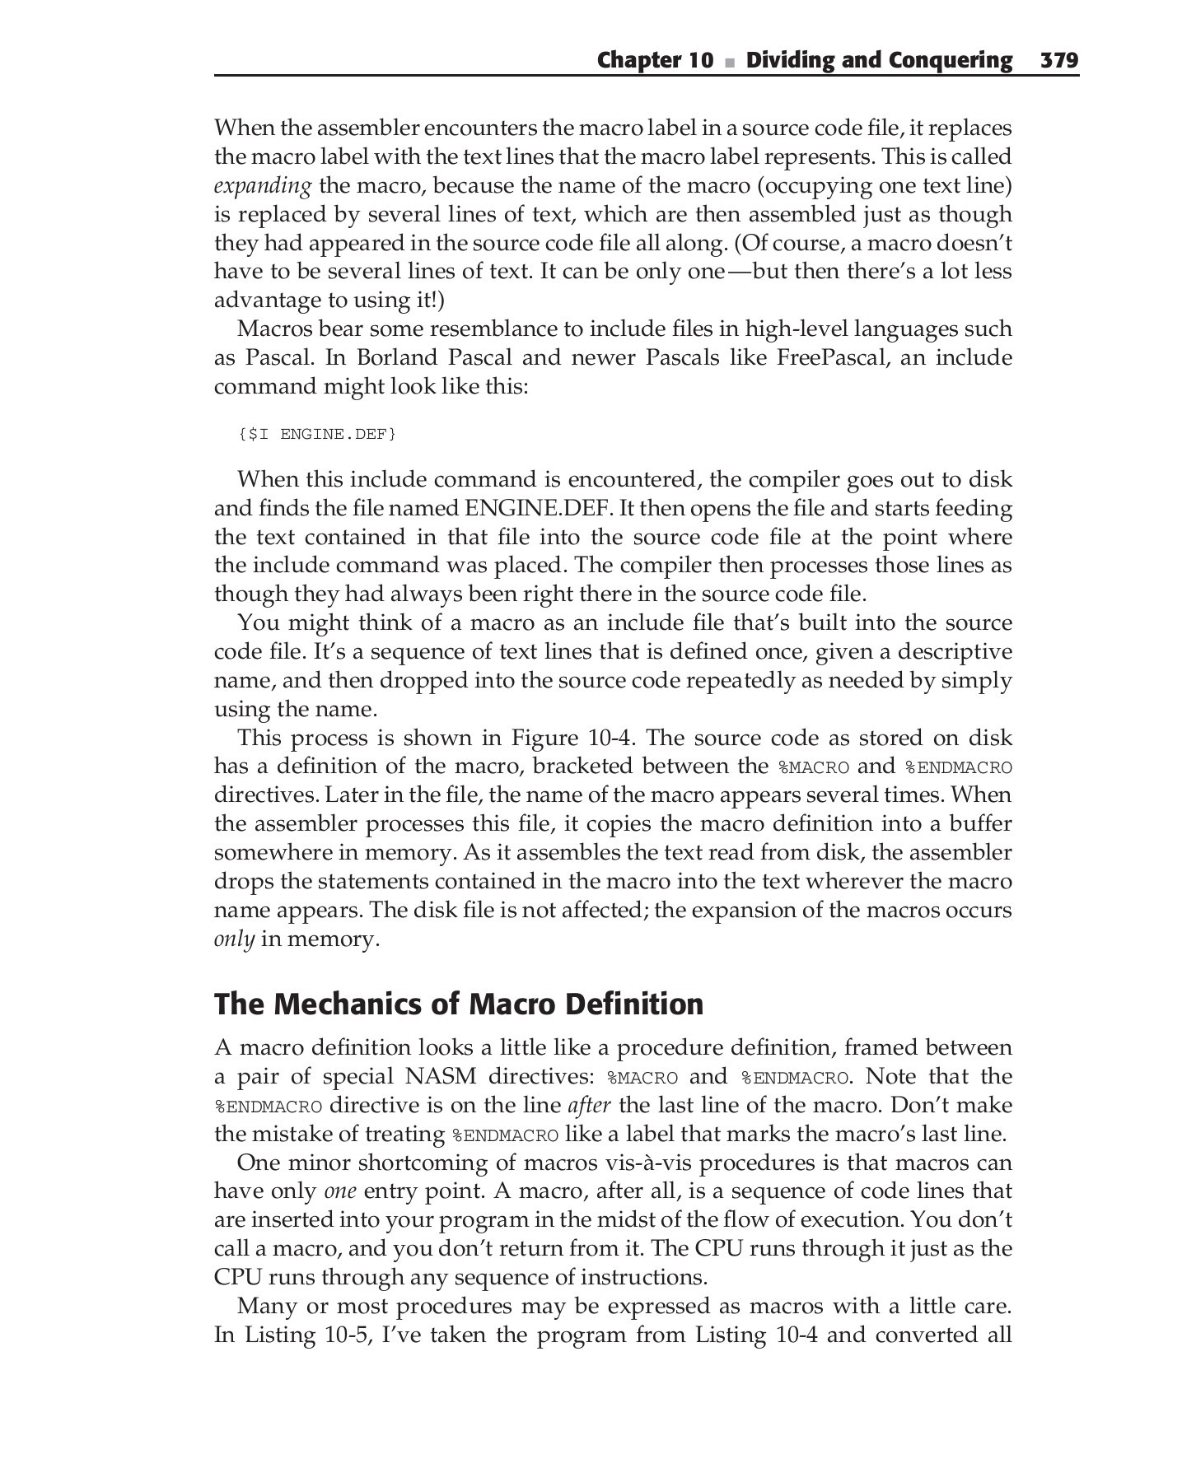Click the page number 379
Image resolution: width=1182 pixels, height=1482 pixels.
[x=1059, y=60]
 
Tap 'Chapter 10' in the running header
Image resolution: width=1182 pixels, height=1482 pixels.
[x=655, y=60]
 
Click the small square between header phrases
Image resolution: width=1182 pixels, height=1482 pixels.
[x=729, y=62]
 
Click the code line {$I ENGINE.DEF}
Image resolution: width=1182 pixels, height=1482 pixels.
[x=317, y=433]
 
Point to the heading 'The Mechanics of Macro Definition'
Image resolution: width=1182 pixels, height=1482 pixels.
[x=459, y=1004]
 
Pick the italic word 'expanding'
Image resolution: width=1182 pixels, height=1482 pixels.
[x=263, y=186]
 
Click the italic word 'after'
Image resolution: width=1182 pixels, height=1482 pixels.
[x=590, y=1106]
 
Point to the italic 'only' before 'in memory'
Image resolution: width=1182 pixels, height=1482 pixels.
[x=234, y=939]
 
